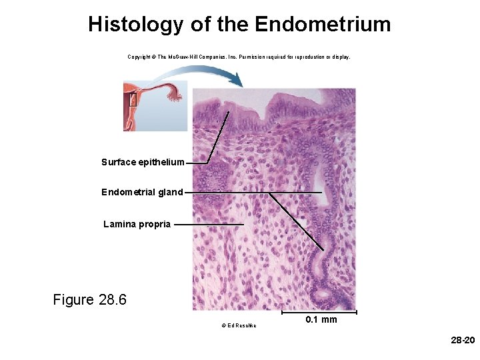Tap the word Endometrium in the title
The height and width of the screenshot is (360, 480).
(x=323, y=25)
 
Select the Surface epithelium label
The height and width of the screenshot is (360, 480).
(x=143, y=162)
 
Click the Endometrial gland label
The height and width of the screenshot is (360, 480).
(x=142, y=192)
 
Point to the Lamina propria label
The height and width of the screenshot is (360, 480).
(x=137, y=224)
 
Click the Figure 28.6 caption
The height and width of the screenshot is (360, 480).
(x=89, y=299)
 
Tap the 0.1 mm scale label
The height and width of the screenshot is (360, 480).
(x=321, y=320)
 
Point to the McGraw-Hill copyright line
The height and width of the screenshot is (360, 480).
(x=239, y=57)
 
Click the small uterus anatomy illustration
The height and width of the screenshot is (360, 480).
(x=155, y=105)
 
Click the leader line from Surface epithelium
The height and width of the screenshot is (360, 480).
(x=218, y=137)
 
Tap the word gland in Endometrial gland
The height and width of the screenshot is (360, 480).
(x=169, y=192)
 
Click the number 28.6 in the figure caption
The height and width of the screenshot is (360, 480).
(x=112, y=299)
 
